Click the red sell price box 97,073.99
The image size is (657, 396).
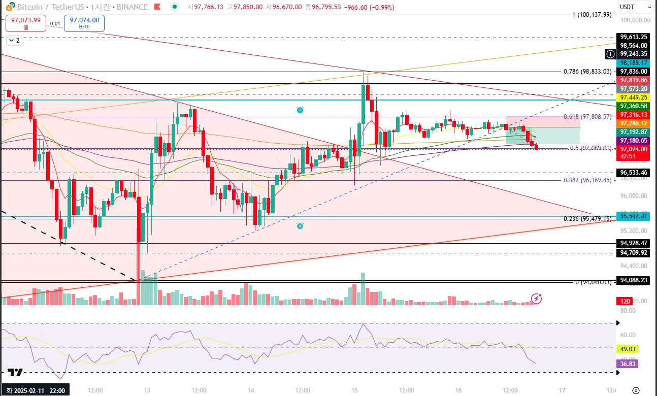[x=26, y=23]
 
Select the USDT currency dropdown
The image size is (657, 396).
[x=635, y=7]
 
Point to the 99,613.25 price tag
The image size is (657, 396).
[x=633, y=37]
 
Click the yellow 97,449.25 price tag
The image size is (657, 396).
[x=633, y=97]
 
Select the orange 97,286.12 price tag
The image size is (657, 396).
[x=633, y=123]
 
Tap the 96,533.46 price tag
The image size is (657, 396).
[x=633, y=173]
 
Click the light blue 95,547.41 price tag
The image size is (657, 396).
[x=633, y=216]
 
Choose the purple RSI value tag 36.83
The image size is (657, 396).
[x=626, y=364]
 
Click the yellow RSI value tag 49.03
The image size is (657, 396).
[x=626, y=349]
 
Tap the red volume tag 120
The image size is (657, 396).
[x=625, y=301]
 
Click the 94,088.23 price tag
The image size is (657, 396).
[x=633, y=280]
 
